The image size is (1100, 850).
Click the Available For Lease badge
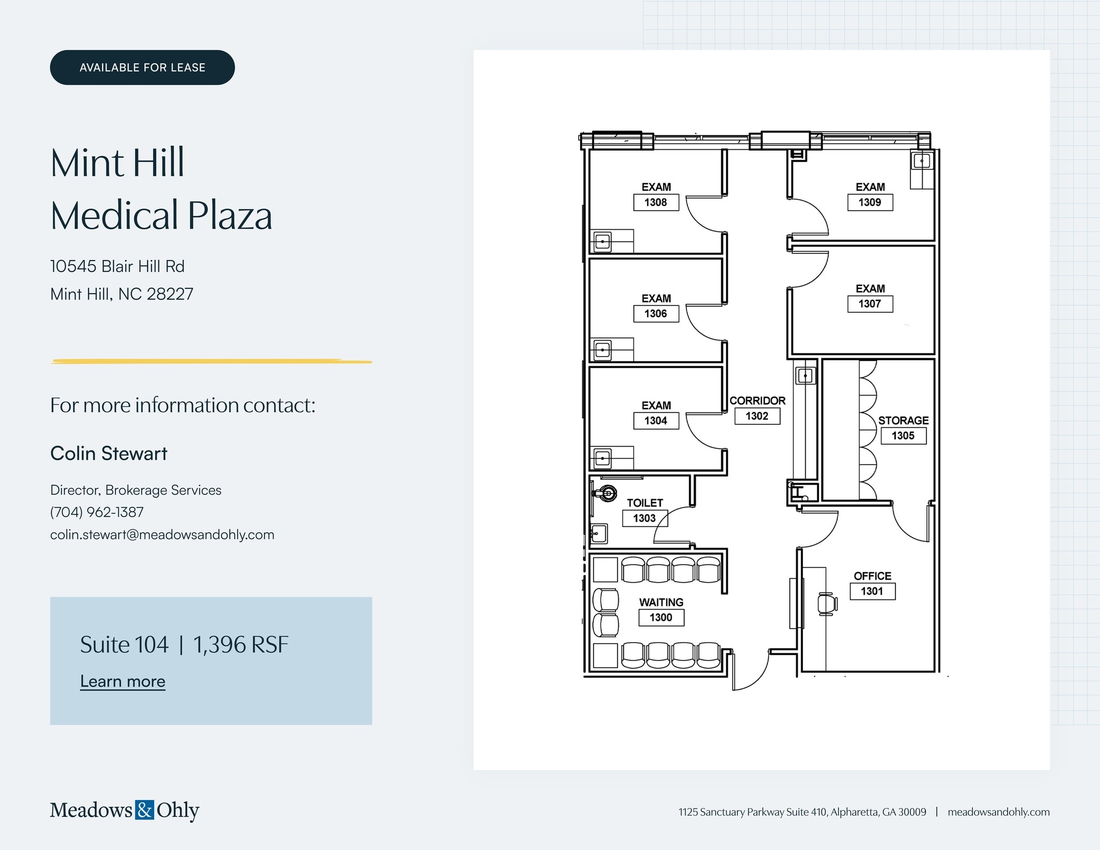[142, 68]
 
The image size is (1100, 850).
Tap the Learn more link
[122, 681]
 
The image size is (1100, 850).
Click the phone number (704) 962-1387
[97, 512]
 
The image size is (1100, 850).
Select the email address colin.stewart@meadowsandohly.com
[162, 535]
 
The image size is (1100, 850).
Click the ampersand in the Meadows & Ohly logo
[144, 810]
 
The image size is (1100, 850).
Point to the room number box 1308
[656, 202]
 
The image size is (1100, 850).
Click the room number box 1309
[870, 202]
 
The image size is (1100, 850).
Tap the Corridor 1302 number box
[757, 416]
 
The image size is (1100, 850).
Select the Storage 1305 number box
[903, 436]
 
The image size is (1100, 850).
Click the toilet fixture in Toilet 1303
[607, 493]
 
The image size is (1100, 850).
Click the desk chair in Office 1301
[827, 604]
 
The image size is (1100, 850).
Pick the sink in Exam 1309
[922, 161]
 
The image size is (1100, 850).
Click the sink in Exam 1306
[603, 350]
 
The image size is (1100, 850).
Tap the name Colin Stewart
[108, 454]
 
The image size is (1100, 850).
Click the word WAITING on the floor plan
[661, 602]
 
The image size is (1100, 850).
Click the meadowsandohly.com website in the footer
[998, 812]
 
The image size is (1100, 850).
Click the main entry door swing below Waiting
[752, 674]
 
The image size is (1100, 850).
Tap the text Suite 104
[124, 645]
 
